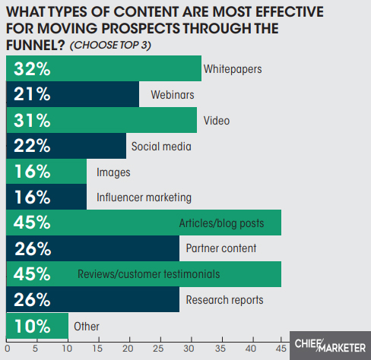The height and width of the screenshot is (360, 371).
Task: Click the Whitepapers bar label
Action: pos(233,69)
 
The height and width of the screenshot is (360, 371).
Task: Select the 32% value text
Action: pos(33,69)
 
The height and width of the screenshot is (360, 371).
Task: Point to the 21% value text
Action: pos(33,95)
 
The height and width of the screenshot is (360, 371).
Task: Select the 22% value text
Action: pos(33,146)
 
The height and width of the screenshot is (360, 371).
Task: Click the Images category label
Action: pos(113,172)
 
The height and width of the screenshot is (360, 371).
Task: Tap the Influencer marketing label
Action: pos(144,197)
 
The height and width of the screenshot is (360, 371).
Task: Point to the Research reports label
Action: pos(224,300)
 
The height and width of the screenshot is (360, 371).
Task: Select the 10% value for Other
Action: pos(33,327)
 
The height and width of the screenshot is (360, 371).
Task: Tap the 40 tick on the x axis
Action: pos(251,350)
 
